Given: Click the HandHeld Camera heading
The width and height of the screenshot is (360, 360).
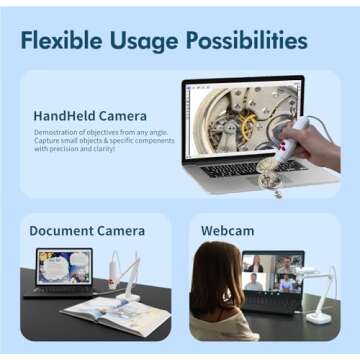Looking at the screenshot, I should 89,116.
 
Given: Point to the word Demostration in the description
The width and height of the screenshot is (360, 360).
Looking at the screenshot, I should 57,132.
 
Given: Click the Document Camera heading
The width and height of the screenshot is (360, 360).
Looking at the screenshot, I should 88,231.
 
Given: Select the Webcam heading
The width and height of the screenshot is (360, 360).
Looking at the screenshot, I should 227,231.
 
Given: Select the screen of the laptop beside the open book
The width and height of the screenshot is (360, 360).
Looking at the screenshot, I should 61,267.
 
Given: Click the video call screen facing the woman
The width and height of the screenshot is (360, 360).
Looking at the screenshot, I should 271,272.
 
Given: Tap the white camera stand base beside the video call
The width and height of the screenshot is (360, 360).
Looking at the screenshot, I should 319,317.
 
